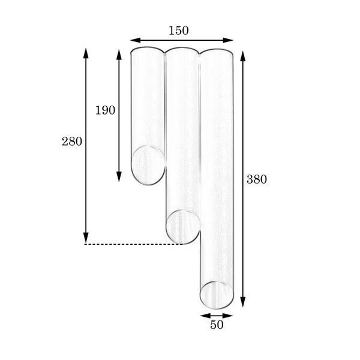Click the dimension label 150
(179, 31)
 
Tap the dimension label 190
(105, 110)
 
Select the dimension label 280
(72, 142)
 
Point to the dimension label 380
(257, 179)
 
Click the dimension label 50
(217, 325)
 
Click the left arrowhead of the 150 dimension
(136, 40)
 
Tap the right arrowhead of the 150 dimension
(228, 40)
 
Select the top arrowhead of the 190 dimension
(119, 55)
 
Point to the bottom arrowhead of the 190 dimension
(119, 177)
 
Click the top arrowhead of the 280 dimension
(86, 53)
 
